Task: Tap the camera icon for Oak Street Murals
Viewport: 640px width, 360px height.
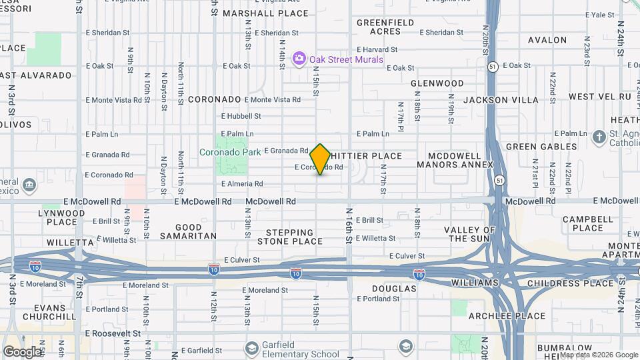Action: click(299, 59)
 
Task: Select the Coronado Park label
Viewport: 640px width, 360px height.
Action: click(230, 152)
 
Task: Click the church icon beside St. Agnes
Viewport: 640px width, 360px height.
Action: click(600, 137)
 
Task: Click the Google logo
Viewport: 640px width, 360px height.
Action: click(22, 351)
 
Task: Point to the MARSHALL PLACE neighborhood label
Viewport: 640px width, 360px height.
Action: click(265, 13)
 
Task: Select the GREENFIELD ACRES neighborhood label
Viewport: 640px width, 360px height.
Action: click(385, 27)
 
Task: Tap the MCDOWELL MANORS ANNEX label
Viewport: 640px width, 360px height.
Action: click(455, 160)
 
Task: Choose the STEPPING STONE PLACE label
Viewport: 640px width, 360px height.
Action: click(289, 237)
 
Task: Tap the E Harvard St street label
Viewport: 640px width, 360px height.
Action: click(377, 49)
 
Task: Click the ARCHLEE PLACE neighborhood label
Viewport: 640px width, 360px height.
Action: click(497, 315)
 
